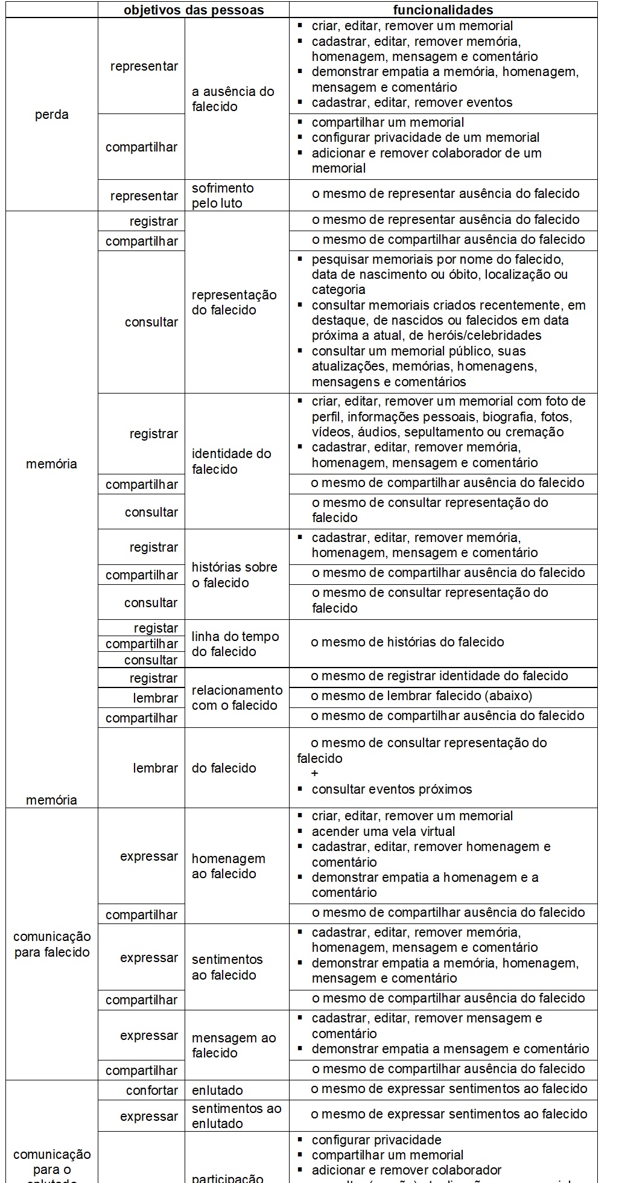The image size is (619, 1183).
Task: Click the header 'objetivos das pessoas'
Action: click(194, 10)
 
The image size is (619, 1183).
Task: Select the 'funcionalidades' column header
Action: click(443, 10)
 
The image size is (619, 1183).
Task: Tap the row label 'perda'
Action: click(52, 115)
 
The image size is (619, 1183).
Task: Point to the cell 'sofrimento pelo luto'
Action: click(222, 196)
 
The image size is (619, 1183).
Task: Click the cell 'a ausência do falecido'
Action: click(233, 99)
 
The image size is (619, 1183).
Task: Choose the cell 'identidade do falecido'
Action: click(231, 461)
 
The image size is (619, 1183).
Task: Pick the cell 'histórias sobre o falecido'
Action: click(234, 575)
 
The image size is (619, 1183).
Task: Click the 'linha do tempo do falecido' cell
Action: click(235, 644)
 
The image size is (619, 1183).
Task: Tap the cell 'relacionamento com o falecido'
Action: click(236, 698)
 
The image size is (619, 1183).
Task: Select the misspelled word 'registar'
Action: click(156, 628)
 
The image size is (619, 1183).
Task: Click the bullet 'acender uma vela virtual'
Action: click(383, 831)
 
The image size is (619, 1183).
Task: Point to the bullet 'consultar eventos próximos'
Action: click(392, 789)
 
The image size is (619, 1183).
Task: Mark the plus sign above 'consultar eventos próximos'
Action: click(315, 774)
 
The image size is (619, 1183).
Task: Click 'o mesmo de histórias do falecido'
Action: click(407, 642)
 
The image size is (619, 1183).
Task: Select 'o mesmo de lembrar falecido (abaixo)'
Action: click(421, 696)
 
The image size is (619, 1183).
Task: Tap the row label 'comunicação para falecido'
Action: click(52, 945)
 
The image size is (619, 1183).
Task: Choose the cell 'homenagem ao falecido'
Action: click(228, 866)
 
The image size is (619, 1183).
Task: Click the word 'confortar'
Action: click(152, 1091)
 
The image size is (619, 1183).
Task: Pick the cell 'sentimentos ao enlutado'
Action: click(236, 1116)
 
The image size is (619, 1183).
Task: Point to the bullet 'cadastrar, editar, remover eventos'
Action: click(411, 103)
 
